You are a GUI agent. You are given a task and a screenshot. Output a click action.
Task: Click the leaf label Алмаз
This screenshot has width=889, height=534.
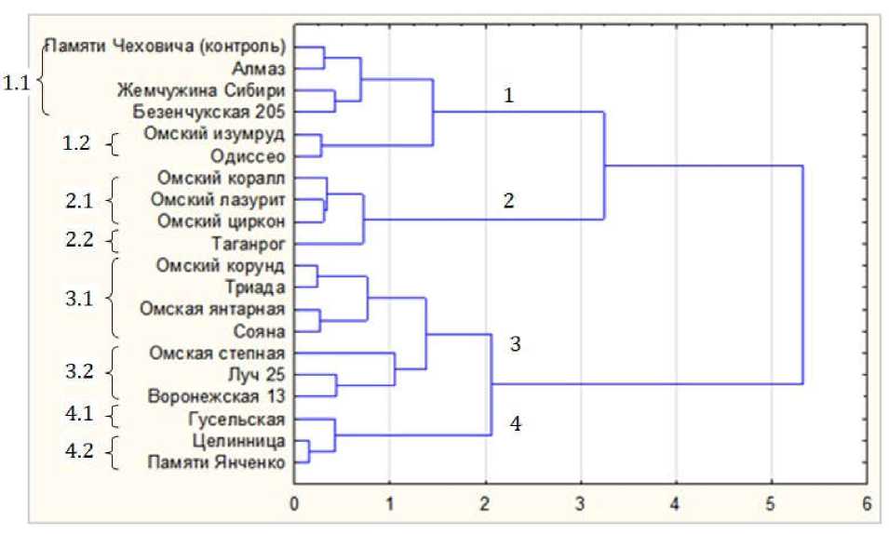tap(263, 68)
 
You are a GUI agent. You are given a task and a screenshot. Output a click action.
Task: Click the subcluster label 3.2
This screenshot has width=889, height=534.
tap(78, 374)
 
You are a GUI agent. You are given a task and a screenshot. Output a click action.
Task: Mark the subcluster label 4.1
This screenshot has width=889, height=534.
tap(78, 415)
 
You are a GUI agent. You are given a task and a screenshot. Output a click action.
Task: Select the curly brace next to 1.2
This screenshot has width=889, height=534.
tap(114, 145)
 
